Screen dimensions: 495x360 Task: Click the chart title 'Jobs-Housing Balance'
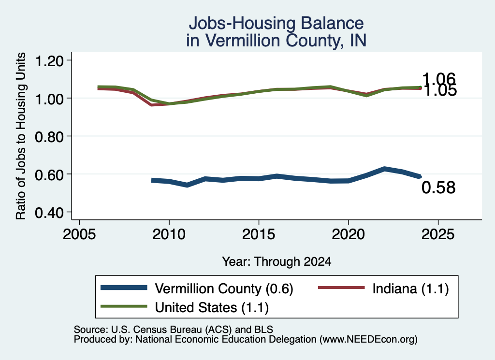[x=276, y=23]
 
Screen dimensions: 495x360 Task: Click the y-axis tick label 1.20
[x=49, y=61]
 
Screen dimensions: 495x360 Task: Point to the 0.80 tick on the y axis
[x=49, y=137]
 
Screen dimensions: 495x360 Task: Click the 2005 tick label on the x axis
[x=80, y=234]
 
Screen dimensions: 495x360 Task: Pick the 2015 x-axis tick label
[x=259, y=234]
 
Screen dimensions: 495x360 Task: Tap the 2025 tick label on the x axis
[x=438, y=234]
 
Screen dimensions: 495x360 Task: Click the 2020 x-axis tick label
[x=348, y=234]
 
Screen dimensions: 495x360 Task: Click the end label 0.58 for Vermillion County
[x=438, y=187]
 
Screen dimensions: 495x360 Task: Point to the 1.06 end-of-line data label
[x=439, y=79]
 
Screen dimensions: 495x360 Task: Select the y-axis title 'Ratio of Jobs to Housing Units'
[x=20, y=136]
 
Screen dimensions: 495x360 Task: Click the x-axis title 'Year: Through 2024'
[x=277, y=261]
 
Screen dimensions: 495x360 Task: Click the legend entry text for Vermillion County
[x=224, y=288]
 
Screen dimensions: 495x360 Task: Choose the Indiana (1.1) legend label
[x=410, y=288]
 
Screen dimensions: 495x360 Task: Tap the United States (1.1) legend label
[x=212, y=308]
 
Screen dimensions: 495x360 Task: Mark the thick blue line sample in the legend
[x=124, y=288]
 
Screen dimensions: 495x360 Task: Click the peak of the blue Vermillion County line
[x=384, y=169]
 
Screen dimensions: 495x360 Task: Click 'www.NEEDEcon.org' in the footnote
[x=368, y=340]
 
